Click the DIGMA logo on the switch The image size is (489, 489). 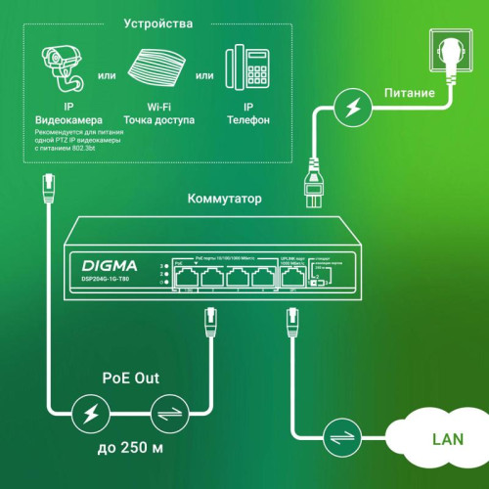point(110,265)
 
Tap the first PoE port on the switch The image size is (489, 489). point(188,276)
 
